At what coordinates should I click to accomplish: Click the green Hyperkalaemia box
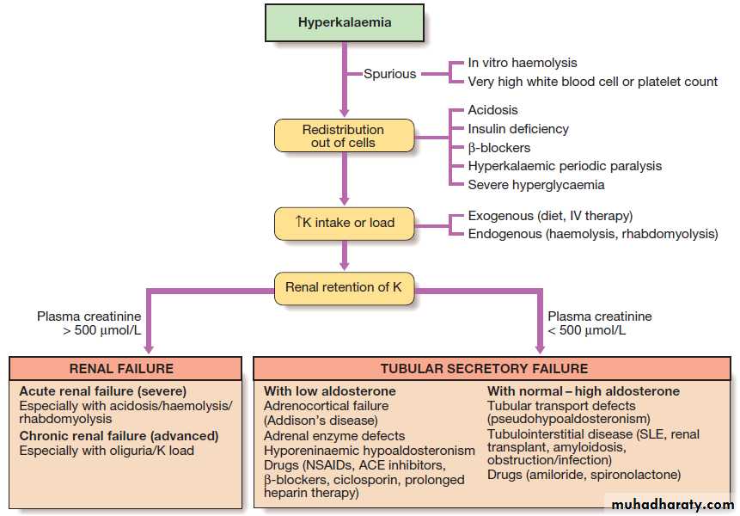(x=345, y=22)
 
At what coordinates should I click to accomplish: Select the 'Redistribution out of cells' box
(x=344, y=136)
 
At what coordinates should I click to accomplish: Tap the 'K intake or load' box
(x=344, y=223)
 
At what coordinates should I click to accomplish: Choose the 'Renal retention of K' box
(x=344, y=287)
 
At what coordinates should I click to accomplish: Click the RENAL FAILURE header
(x=121, y=368)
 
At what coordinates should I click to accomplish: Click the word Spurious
(x=390, y=74)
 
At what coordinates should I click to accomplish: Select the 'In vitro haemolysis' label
(x=523, y=63)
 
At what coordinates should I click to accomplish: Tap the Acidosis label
(x=492, y=110)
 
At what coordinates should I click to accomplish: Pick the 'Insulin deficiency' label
(x=518, y=129)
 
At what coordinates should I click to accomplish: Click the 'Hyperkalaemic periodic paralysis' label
(x=565, y=166)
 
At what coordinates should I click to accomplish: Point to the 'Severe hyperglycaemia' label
(x=536, y=185)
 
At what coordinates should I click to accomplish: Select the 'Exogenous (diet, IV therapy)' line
(x=550, y=216)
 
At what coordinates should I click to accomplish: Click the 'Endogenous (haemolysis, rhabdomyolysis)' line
(x=592, y=234)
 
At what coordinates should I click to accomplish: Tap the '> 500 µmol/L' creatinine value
(x=89, y=330)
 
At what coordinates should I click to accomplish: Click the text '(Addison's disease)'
(x=321, y=421)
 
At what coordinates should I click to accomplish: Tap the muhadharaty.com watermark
(x=670, y=504)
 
